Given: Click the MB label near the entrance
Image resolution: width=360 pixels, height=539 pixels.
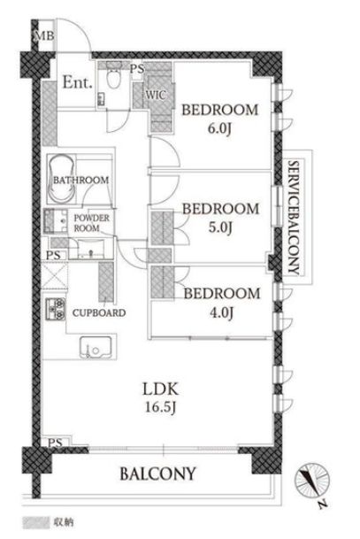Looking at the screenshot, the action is coord(45,35).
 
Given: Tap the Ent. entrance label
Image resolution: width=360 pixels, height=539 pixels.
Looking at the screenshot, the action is coord(77,82).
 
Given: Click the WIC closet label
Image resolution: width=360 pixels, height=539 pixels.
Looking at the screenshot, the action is coord(156,95).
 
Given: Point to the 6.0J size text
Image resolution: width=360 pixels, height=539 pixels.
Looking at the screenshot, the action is coord(219,129).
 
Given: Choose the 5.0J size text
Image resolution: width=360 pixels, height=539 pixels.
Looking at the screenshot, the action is coord(220,227).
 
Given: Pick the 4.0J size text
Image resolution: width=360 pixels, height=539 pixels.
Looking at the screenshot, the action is coord(221,312).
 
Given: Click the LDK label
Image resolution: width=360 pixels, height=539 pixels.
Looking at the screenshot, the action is coord(161,389).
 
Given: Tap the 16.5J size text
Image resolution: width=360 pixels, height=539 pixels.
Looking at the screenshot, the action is coord(160,408).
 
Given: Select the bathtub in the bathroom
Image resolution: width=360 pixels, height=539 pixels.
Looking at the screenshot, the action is coord(61,180).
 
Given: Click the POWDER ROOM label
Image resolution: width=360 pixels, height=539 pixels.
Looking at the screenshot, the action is coord(91,223).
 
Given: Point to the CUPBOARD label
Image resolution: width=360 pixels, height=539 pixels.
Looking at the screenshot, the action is coord(99,312).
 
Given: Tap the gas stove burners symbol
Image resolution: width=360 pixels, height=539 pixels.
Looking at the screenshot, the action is coord(56,309).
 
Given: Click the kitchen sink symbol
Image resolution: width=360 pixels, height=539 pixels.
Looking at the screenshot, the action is coord(96,348).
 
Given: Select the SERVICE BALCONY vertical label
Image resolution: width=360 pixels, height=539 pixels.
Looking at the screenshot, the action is coord(294,217).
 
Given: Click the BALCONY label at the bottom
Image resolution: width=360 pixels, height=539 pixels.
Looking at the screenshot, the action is coord(157,474).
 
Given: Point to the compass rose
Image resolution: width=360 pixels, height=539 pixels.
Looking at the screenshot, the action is coord(312,481).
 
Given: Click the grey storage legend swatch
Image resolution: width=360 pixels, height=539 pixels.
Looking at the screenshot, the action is coord(35,523).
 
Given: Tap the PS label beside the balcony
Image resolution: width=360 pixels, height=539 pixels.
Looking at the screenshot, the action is coord(56,443).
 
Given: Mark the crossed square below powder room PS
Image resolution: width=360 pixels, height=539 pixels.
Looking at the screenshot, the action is coord(55,275).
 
